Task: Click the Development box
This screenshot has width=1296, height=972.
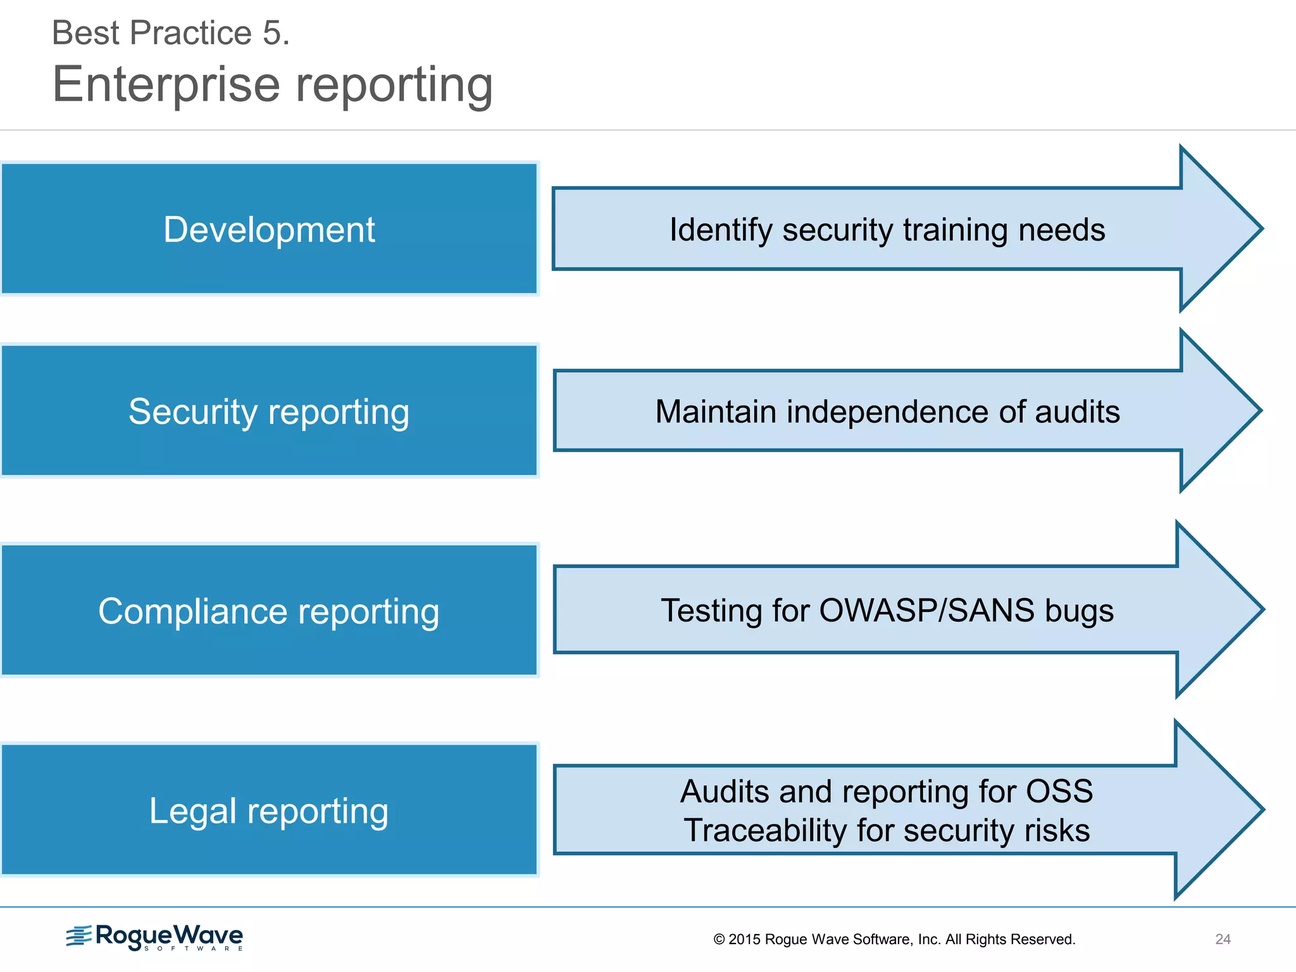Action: click(x=269, y=229)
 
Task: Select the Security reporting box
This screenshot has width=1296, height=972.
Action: click(x=269, y=411)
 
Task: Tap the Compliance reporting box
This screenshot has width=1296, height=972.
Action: click(x=269, y=611)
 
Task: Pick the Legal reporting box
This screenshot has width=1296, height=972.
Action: click(x=269, y=811)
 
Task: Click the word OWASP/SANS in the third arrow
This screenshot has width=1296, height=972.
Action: click(x=926, y=611)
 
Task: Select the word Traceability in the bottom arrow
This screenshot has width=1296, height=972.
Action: click(x=765, y=830)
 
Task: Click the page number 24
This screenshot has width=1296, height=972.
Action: click(x=1223, y=939)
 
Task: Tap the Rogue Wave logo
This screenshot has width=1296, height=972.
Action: click(x=155, y=937)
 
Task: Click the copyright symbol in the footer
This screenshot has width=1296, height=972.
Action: click(x=719, y=940)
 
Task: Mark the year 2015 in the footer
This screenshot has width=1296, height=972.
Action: click(x=744, y=940)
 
